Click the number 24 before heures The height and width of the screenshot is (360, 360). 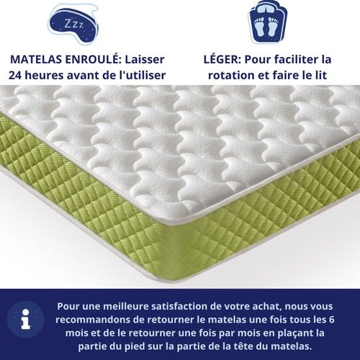coord(17,75)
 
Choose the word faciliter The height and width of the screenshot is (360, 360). coord(308,58)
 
